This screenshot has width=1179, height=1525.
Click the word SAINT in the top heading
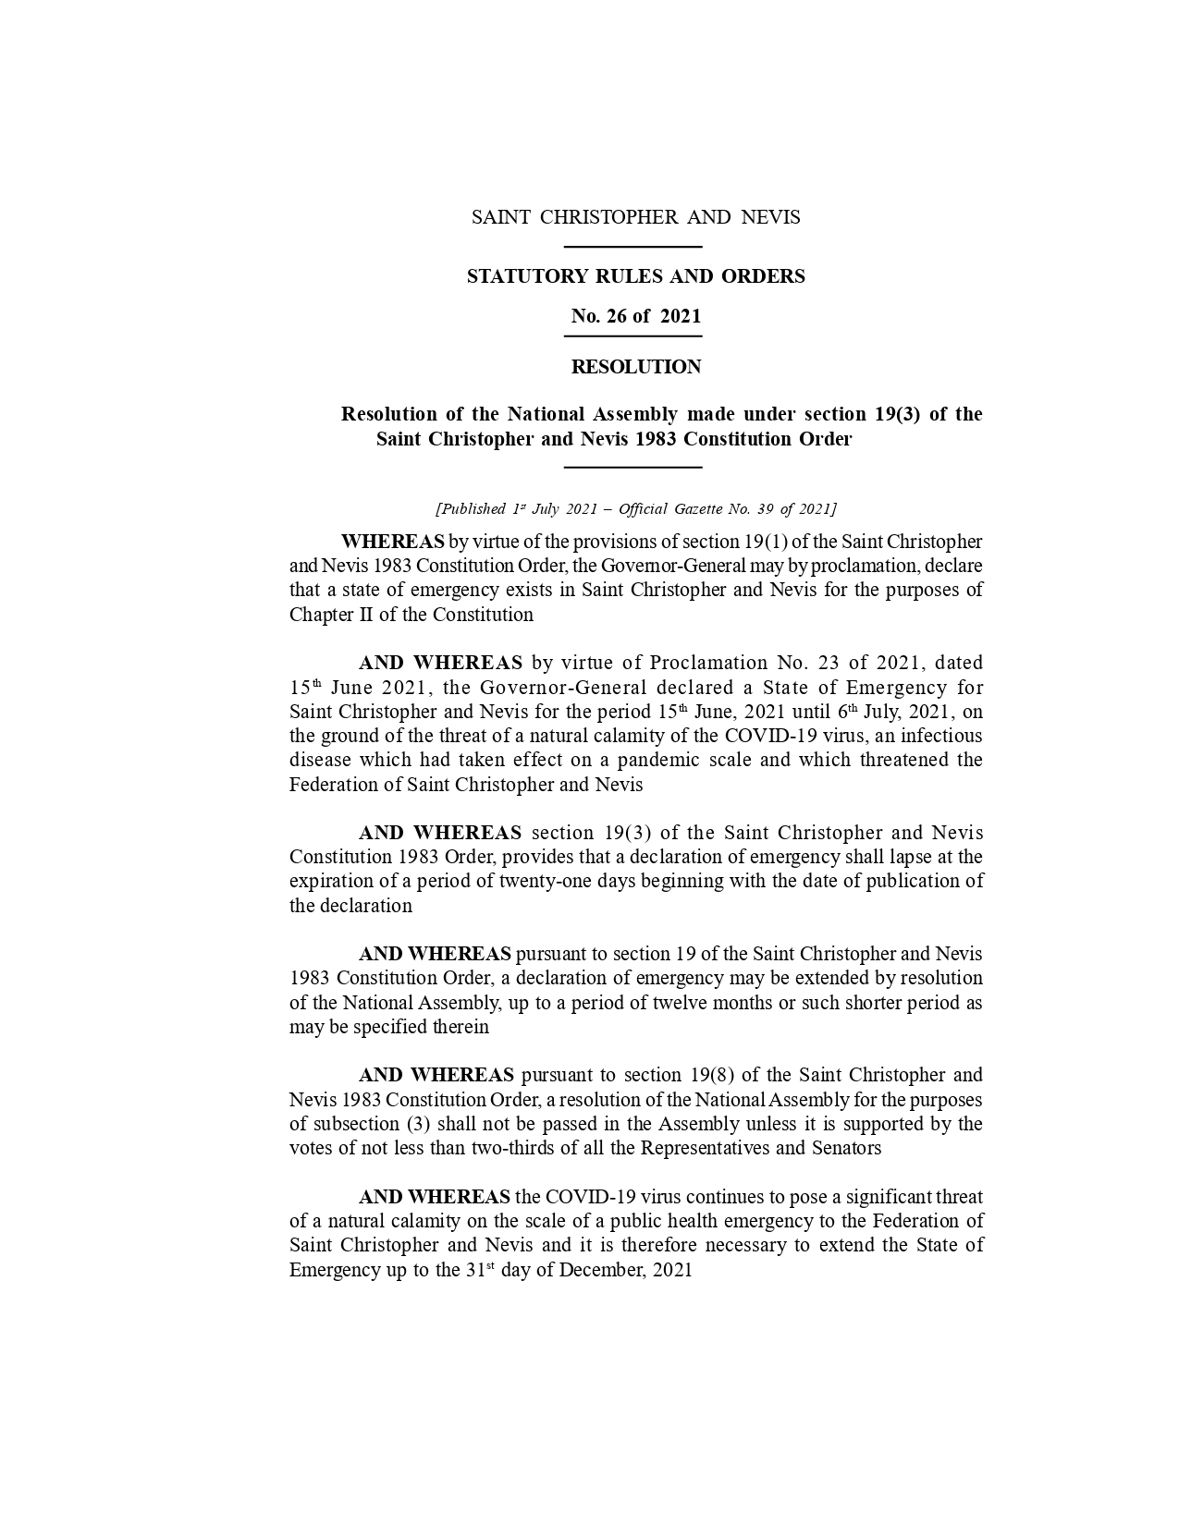[x=500, y=217]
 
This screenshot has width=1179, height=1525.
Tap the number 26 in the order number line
[x=616, y=316]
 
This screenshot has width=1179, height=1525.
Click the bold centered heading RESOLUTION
[x=635, y=367]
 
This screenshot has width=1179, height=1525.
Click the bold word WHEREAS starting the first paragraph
[x=392, y=542]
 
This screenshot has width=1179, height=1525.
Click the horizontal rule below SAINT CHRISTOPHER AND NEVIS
[x=633, y=247]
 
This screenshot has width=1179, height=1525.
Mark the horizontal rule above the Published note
[x=633, y=468]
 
